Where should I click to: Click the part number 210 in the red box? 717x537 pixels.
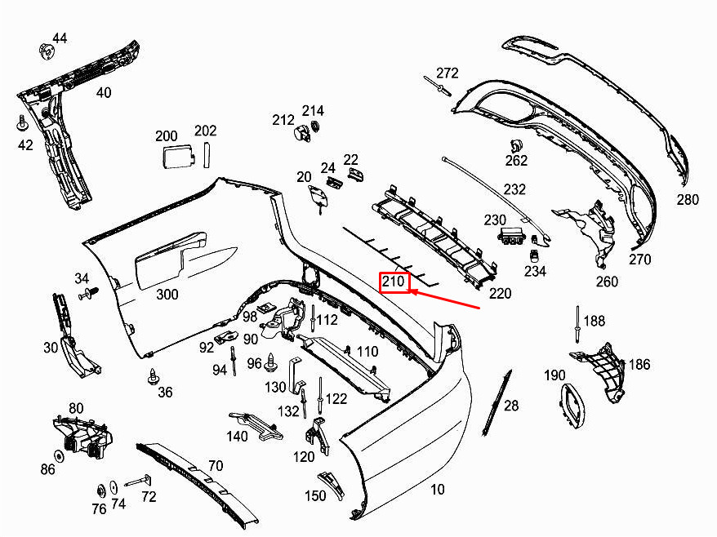394,283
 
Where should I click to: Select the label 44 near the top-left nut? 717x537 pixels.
60,38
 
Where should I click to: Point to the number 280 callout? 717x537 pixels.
688,199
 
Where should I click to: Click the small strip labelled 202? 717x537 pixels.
207,153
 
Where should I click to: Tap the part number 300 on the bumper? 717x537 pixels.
167,294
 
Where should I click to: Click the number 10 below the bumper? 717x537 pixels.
438,490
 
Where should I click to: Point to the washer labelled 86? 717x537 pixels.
60,454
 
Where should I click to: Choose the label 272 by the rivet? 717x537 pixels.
448,73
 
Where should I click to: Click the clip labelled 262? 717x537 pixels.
515,146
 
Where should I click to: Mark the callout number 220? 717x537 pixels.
500,293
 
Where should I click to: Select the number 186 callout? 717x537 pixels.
639,364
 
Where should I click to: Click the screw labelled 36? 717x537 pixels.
153,376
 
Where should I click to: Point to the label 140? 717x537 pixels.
237,437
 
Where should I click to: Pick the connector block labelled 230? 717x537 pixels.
511,237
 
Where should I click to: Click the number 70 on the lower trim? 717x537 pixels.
215,466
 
